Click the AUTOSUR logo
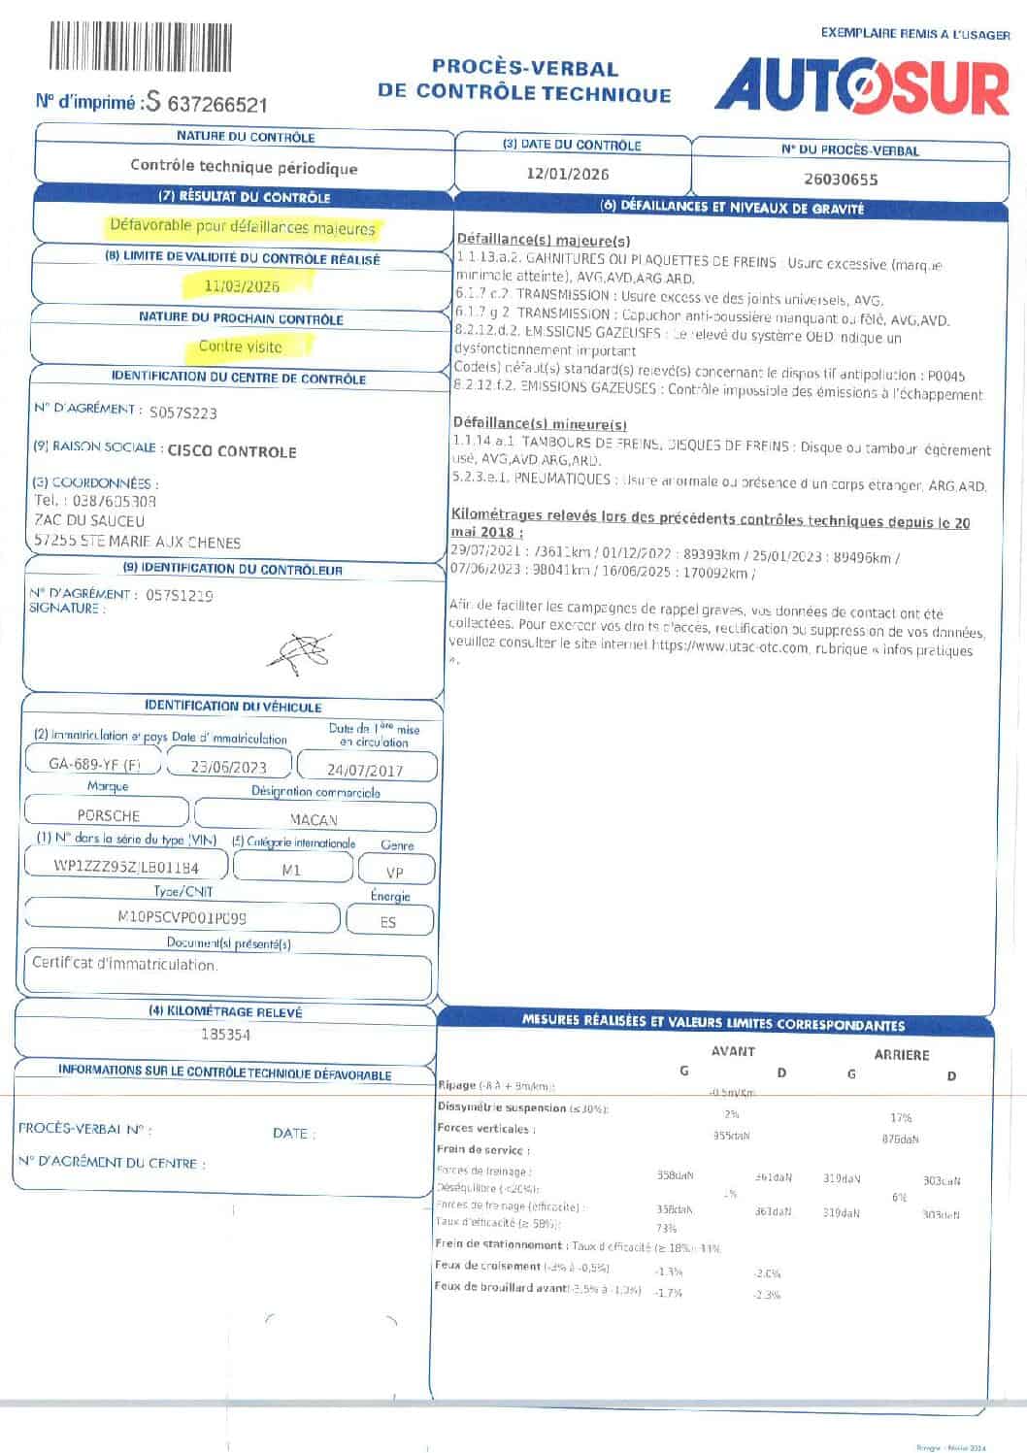pos(863,86)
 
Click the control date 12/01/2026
pos(568,174)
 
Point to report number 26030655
pos(841,180)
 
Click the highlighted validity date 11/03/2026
pos(243,286)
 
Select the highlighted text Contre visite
pos(241,347)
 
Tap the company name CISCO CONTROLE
pos(232,451)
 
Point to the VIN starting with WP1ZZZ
pos(126,867)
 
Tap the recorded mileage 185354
pos(225,1035)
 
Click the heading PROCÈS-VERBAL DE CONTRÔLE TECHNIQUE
pos(524,81)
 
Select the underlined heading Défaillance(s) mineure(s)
pos(540,424)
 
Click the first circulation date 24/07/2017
pos(365,770)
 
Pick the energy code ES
pos(388,922)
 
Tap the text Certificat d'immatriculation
pos(124,964)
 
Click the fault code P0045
pos(945,375)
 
